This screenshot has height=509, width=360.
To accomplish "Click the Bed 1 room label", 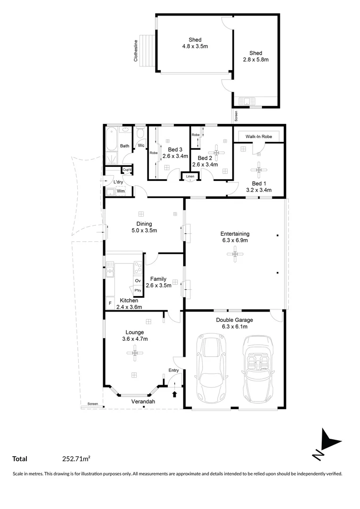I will (257, 183).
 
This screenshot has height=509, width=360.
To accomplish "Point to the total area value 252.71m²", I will (76, 458).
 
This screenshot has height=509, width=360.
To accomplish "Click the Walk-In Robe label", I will (259, 136).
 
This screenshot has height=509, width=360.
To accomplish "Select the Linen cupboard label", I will (190, 177).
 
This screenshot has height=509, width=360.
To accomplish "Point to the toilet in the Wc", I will (140, 134).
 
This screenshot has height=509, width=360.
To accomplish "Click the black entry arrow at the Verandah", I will (175, 394).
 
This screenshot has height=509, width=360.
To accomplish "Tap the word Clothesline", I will (135, 50).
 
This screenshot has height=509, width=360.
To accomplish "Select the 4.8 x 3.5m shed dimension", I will (195, 47).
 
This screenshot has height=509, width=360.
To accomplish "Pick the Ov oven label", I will (138, 280).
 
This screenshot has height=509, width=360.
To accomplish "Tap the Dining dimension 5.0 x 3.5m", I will (144, 230).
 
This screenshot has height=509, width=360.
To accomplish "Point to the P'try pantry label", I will (138, 290).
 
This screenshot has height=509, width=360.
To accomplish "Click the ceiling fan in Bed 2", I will (216, 152).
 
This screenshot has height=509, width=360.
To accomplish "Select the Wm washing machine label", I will (121, 191).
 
